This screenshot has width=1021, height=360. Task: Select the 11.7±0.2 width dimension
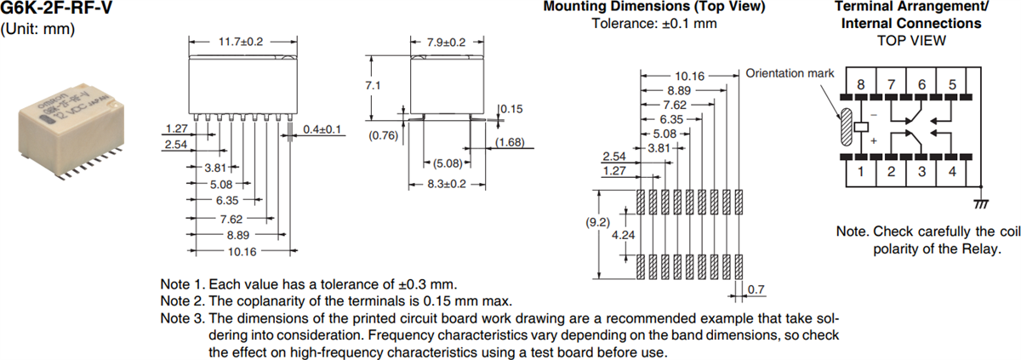tap(242, 41)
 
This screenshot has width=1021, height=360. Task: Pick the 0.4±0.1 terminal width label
tap(322, 129)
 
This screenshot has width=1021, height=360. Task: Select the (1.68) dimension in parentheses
tap(510, 141)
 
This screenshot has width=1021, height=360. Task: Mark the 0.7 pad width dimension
tap(756, 291)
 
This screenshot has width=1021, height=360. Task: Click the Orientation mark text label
tap(790, 72)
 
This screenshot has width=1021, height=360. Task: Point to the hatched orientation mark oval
tap(846, 128)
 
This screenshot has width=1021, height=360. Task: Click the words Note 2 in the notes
tap(181, 300)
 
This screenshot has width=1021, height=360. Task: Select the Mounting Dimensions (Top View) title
tap(653, 8)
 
